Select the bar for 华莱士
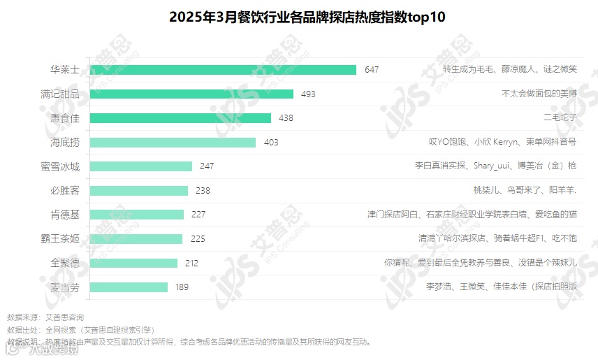click(x=224, y=69)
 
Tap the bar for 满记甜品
click(x=192, y=94)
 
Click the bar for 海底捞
click(x=173, y=142)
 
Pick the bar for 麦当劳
click(x=129, y=287)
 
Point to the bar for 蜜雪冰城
click(x=141, y=166)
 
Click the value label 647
click(x=372, y=69)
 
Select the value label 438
click(x=286, y=118)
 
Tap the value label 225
click(x=198, y=238)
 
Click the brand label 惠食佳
click(x=65, y=118)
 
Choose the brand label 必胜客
click(x=65, y=190)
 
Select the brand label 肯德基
click(x=65, y=215)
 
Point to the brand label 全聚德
click(x=65, y=263)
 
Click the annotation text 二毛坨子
click(x=560, y=118)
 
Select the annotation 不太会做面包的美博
click(x=539, y=94)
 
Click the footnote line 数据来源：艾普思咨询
click(x=45, y=317)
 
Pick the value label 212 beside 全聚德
click(x=191, y=263)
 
